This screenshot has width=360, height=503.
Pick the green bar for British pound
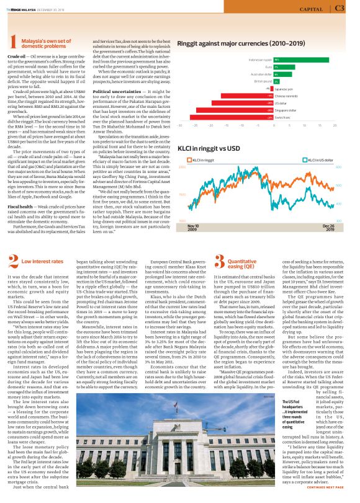[x=276, y=81]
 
